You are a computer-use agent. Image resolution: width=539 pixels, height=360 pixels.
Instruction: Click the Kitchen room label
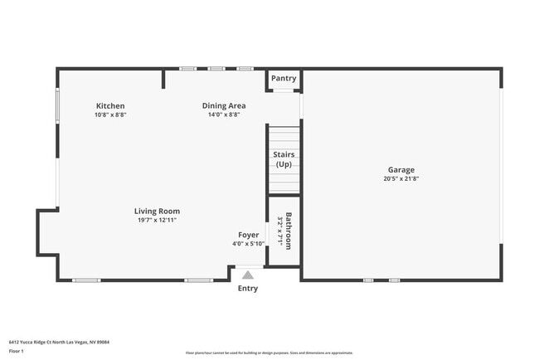coord(110,106)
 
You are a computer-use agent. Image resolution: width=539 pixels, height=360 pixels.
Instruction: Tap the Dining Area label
coord(224,106)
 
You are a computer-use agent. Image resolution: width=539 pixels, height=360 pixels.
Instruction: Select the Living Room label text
coord(157,212)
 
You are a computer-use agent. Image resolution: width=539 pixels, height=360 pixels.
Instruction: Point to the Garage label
coord(401,170)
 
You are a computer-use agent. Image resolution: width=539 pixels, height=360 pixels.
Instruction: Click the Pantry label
coord(284,79)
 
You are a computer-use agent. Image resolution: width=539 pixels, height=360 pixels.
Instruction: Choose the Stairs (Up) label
coord(284,159)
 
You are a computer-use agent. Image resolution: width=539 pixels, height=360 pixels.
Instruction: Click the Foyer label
coord(248,235)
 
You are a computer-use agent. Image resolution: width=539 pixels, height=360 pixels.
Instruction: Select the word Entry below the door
coord(248,289)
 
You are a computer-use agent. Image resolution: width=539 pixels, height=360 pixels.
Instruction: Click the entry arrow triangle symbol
coord(247,274)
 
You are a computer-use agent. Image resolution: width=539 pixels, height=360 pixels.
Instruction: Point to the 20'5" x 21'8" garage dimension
coord(401,179)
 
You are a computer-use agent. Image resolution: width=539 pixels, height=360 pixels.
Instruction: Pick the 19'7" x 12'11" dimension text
coord(157,221)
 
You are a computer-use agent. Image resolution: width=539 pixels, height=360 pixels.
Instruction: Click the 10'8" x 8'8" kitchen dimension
coord(110,115)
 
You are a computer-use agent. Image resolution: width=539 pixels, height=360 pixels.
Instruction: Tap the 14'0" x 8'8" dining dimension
coord(224,115)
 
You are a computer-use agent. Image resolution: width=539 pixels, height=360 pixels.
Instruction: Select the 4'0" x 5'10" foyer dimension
coord(248,244)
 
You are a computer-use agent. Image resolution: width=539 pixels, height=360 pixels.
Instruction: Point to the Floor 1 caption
coord(17,351)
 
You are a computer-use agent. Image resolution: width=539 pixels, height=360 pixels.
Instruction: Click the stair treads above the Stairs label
coord(284,137)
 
